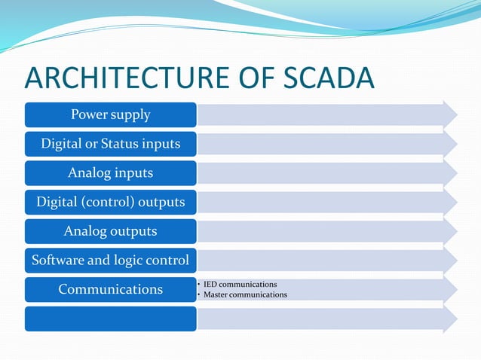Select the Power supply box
[x=110, y=114]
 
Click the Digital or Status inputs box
[x=110, y=143]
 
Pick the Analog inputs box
[x=110, y=172]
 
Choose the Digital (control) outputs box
[x=110, y=202]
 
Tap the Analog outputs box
[x=110, y=230]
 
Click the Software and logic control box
[x=110, y=260]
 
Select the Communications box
[x=110, y=289]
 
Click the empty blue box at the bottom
[x=110, y=318]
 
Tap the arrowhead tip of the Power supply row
[x=450, y=114]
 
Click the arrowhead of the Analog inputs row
[x=450, y=172]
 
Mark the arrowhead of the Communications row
[x=450, y=289]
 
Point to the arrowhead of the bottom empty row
[x=450, y=318]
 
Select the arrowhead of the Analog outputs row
[x=450, y=230]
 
